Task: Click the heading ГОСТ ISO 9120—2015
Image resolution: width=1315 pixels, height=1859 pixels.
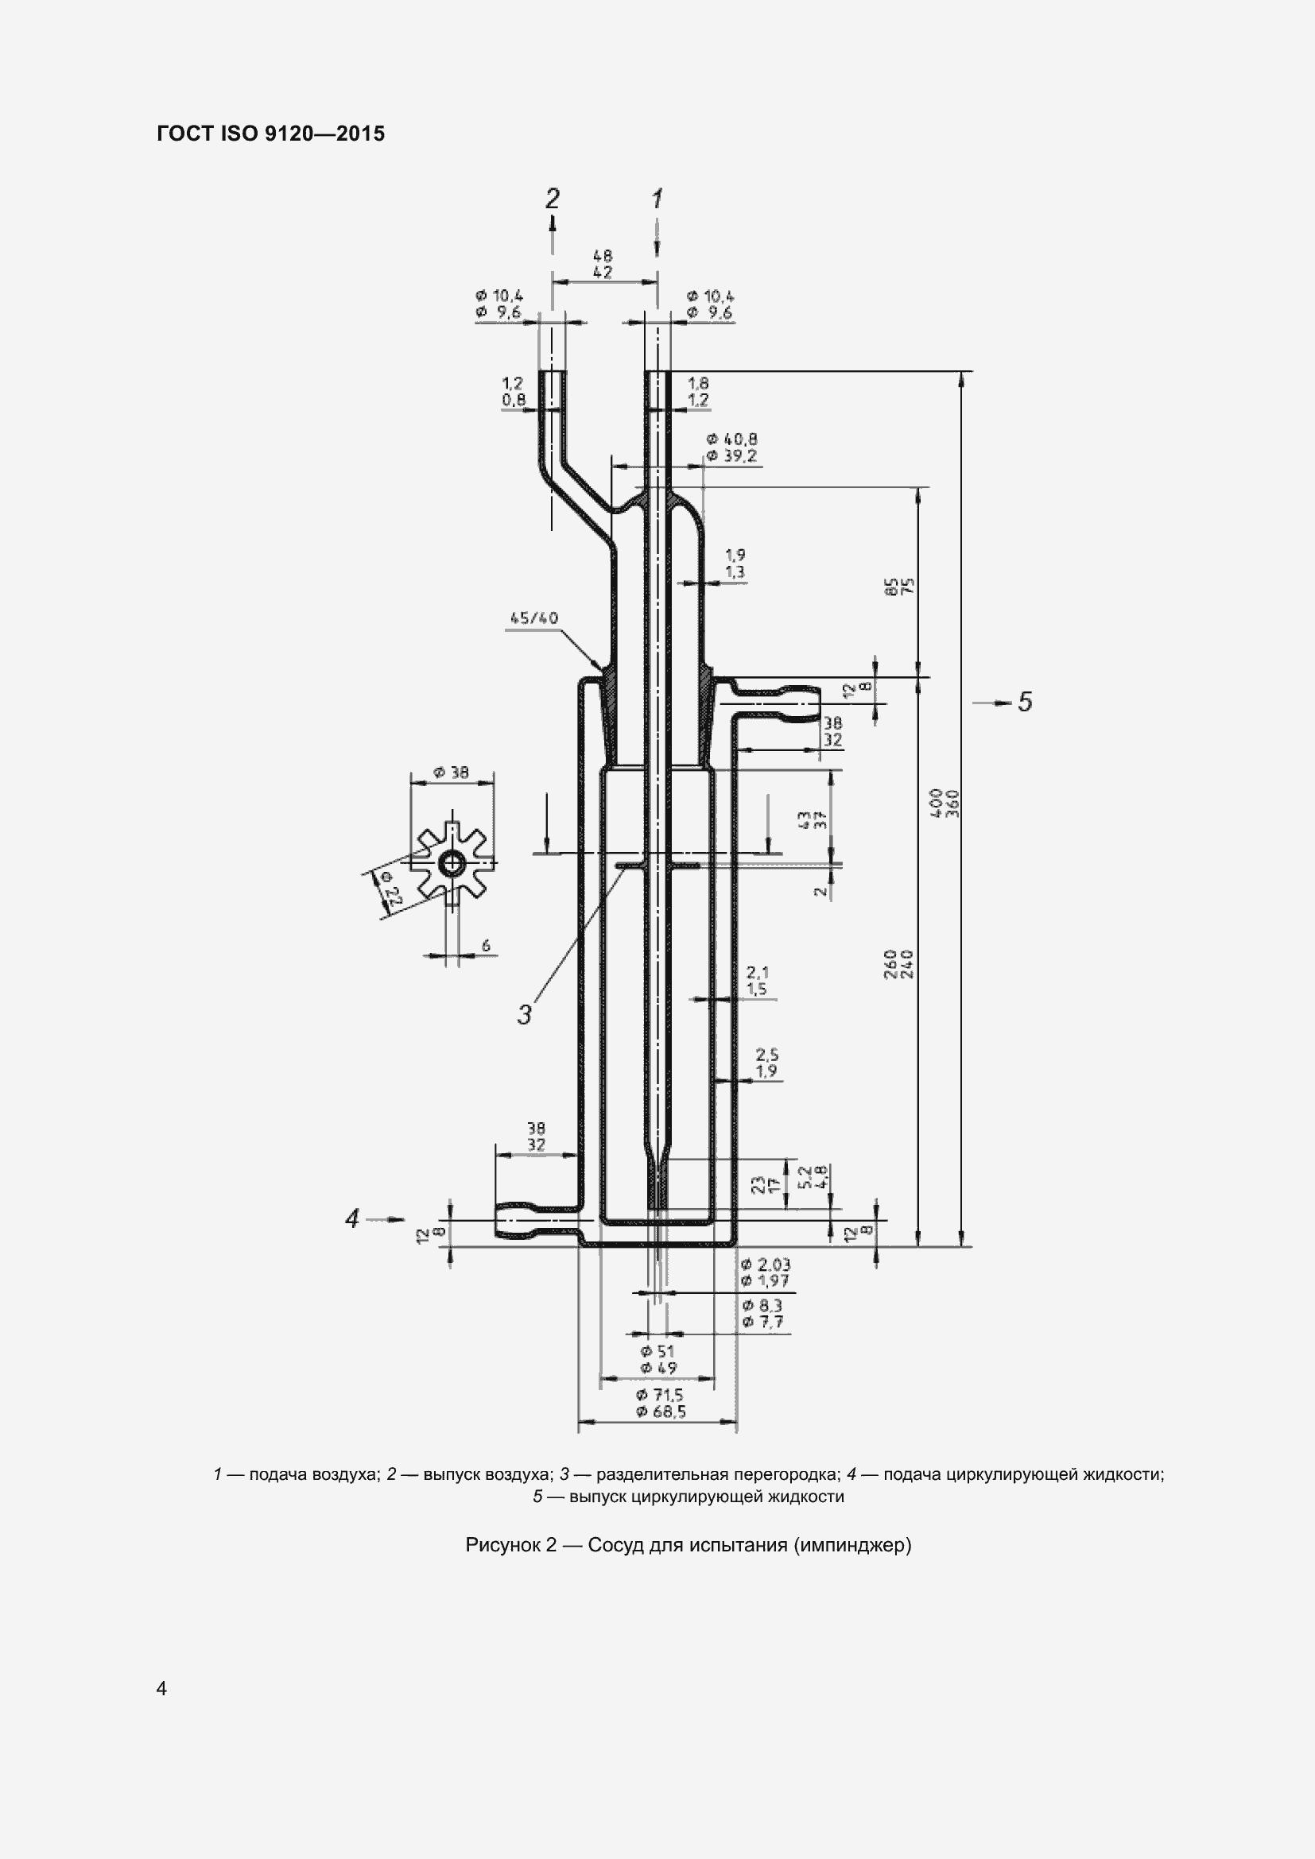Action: click(270, 134)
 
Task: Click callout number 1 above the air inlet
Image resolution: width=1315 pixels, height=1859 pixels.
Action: click(657, 199)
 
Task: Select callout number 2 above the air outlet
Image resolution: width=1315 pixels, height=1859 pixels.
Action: click(553, 199)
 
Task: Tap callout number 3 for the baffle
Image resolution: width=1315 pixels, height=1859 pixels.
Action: click(525, 1013)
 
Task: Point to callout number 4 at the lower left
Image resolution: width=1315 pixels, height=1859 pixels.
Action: click(352, 1218)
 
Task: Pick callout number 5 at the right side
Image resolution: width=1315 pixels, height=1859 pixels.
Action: click(1025, 701)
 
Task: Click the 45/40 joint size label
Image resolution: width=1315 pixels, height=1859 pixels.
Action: click(533, 618)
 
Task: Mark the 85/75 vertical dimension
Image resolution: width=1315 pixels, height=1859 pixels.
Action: click(899, 587)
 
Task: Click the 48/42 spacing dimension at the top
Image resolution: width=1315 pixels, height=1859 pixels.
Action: click(603, 265)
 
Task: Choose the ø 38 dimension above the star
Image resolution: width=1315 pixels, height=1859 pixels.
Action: click(451, 773)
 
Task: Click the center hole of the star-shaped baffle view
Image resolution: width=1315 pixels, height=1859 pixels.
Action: click(451, 866)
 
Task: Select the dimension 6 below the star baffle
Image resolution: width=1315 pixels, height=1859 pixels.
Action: click(485, 945)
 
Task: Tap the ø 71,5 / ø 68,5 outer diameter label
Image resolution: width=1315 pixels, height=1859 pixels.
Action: click(660, 1403)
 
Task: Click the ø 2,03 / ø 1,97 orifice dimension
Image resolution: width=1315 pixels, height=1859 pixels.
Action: click(765, 1272)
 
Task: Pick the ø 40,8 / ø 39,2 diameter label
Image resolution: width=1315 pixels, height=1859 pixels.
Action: click(731, 447)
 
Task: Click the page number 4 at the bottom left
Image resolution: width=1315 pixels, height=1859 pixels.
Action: click(161, 1688)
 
